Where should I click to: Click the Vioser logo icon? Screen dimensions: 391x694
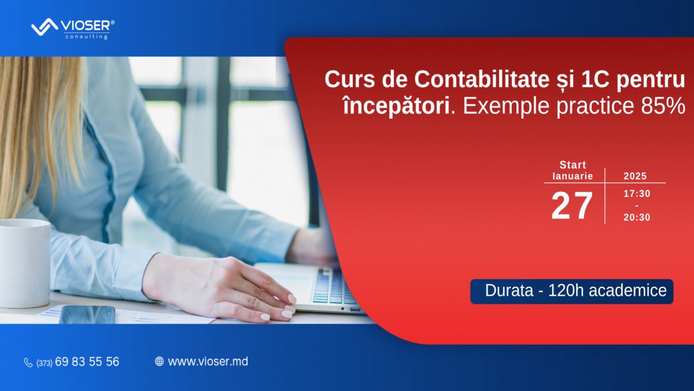click(43, 27)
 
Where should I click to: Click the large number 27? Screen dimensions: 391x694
click(571, 206)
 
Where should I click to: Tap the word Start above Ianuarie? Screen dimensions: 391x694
click(573, 165)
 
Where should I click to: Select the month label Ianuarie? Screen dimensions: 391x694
click(573, 176)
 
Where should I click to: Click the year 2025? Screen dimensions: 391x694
click(635, 176)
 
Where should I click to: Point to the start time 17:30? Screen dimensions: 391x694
click(636, 193)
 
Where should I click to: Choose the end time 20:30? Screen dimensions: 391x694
click(636, 217)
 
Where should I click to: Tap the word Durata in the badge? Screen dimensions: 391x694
click(509, 291)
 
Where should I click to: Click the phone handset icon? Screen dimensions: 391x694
click(28, 363)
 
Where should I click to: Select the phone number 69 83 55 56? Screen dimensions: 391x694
click(87, 362)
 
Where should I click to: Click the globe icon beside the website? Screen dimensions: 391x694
click(159, 361)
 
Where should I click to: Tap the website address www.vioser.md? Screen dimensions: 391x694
click(208, 361)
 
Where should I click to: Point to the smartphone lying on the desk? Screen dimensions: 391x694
click(87, 315)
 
